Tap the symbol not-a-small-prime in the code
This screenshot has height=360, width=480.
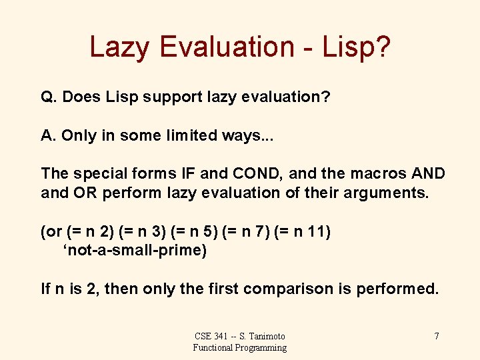[135, 251]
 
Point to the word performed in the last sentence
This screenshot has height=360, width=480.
[399, 289]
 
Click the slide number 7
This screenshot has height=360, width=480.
[437, 336]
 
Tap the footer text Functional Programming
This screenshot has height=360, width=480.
[240, 347]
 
